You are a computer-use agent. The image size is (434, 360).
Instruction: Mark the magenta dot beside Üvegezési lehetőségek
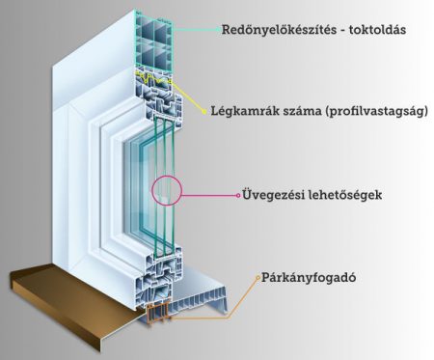tap(237, 194)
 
